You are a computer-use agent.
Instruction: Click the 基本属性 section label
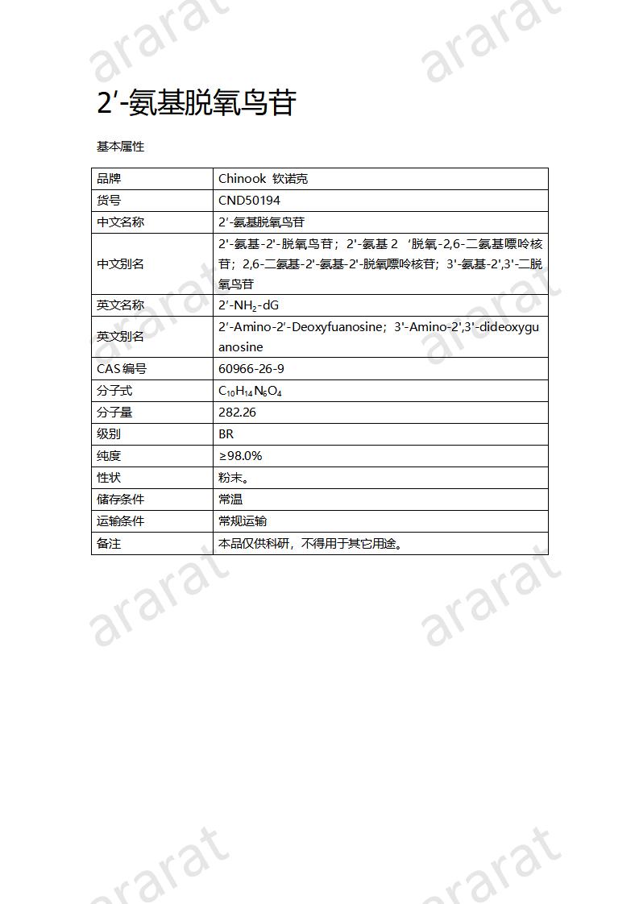point(120,147)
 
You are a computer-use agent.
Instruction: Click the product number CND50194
point(249,201)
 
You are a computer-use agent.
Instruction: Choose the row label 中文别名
point(120,264)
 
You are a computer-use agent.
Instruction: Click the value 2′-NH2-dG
point(248,305)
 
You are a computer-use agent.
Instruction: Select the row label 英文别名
point(120,337)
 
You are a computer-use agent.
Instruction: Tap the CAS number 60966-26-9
point(251,369)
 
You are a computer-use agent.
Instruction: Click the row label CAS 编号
point(122,369)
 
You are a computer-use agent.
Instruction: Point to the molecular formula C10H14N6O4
point(250,391)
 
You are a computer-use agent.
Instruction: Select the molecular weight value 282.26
point(237,413)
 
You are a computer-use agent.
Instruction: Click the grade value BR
point(226,434)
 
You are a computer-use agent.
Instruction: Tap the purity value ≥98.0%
point(240,456)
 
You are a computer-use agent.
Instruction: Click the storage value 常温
point(230,500)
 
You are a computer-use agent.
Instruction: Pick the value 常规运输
point(243,521)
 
